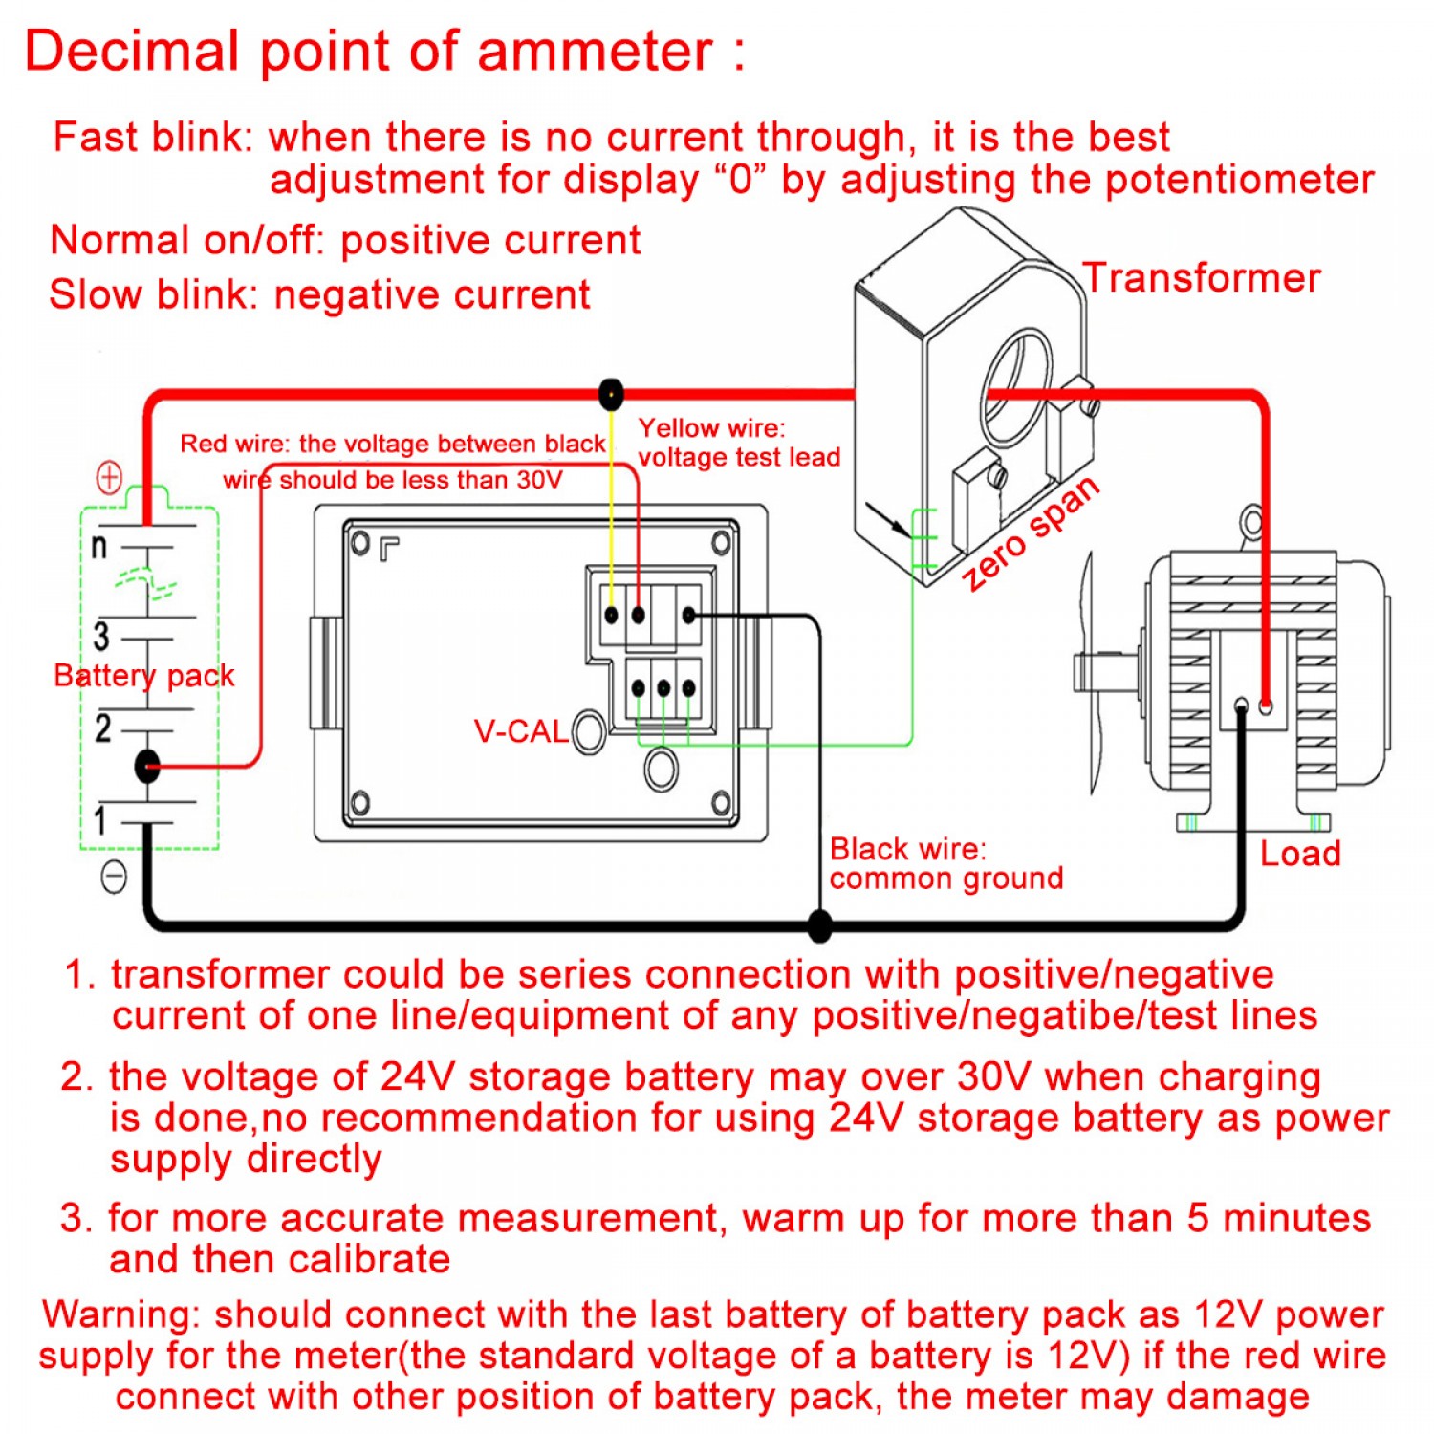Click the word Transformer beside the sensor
[1201, 278]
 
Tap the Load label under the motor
[1299, 853]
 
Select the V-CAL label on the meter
[521, 731]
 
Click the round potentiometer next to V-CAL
[589, 732]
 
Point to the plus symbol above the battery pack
[110, 476]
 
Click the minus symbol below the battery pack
[114, 876]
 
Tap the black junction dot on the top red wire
[611, 393]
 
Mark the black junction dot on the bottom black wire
[819, 924]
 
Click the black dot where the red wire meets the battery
[147, 766]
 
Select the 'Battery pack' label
[143, 675]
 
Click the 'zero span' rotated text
[1031, 533]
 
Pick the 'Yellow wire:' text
[711, 427]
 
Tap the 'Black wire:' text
[907, 849]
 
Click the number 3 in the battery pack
[101, 636]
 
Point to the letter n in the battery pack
[98, 547]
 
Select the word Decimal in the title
[131, 51]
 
